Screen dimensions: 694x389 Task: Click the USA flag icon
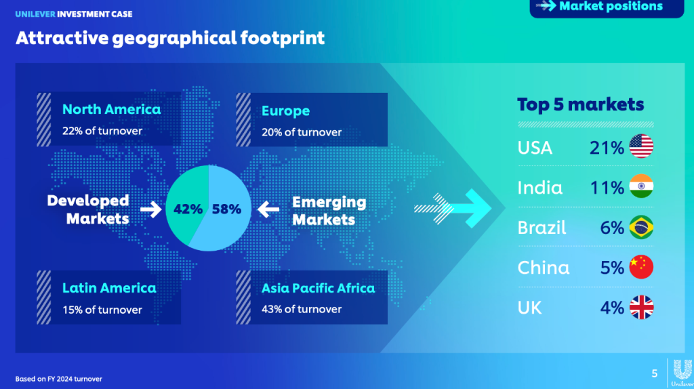pyautogui.click(x=641, y=146)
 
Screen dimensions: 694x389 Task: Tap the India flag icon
pyautogui.click(x=641, y=186)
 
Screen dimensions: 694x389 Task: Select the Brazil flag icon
pyautogui.click(x=641, y=227)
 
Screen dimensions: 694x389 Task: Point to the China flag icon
pyautogui.click(x=641, y=267)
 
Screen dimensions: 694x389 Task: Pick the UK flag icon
pyautogui.click(x=641, y=307)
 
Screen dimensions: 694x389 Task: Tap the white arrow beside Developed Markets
pyautogui.click(x=151, y=209)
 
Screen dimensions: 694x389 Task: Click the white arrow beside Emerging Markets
pyautogui.click(x=268, y=209)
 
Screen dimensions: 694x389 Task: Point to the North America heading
pyautogui.click(x=111, y=109)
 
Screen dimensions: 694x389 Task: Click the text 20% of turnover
pyautogui.click(x=302, y=132)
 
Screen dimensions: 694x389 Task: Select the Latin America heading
pyautogui.click(x=109, y=288)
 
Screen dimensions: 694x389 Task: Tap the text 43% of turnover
pyautogui.click(x=302, y=309)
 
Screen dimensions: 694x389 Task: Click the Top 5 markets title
pyautogui.click(x=580, y=104)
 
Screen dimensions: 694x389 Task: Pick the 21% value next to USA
pyautogui.click(x=607, y=148)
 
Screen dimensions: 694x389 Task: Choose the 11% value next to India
pyautogui.click(x=607, y=188)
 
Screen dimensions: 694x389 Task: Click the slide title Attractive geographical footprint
pyautogui.click(x=170, y=39)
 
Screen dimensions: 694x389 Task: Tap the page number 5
pyautogui.click(x=654, y=373)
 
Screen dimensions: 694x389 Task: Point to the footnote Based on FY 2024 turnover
pyautogui.click(x=58, y=379)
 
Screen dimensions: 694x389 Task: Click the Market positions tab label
pyautogui.click(x=611, y=6)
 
